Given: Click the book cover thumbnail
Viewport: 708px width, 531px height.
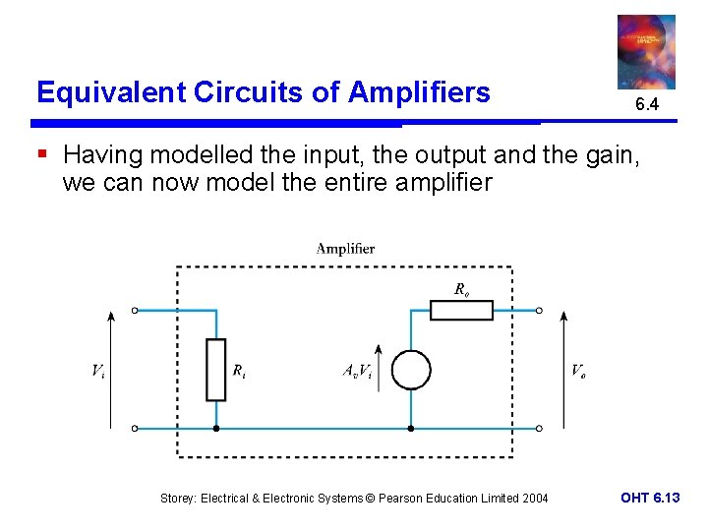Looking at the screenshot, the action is (x=646, y=51).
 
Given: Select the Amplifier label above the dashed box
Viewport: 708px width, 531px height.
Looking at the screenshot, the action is (x=345, y=249).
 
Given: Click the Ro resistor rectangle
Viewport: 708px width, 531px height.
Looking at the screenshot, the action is (x=461, y=311).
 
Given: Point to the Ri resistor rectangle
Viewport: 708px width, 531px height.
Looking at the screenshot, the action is (x=215, y=370).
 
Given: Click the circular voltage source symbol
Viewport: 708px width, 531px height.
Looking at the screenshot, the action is (x=410, y=370).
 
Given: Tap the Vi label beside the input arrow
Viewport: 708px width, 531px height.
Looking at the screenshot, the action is (x=98, y=371).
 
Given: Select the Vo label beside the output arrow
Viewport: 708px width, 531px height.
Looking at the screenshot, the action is (x=579, y=371).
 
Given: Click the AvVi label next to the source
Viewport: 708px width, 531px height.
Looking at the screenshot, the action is (x=356, y=371).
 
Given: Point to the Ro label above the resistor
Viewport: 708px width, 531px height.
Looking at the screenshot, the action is (x=461, y=289).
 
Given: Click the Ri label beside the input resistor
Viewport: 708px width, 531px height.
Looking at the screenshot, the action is (x=239, y=371).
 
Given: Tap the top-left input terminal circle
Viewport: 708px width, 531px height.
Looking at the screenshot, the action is (x=136, y=311).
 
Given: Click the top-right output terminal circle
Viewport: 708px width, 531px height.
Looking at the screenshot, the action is (x=539, y=311).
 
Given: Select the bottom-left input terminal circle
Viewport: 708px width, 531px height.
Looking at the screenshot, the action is (x=136, y=429).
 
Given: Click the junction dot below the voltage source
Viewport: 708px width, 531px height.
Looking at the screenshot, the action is (x=410, y=429).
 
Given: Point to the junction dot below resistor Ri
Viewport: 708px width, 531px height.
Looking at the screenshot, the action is (x=215, y=429).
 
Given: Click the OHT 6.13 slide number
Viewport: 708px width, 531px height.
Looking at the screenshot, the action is (x=650, y=499).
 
